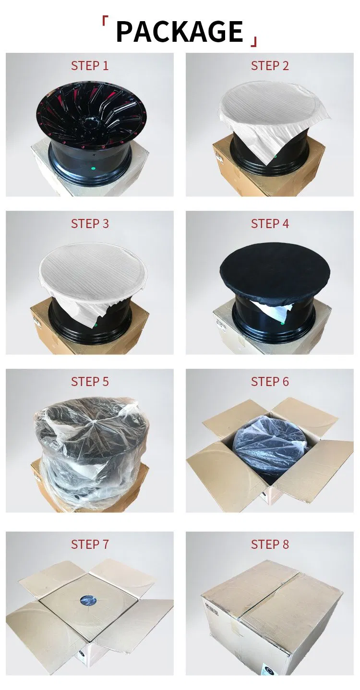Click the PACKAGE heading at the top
tap(180, 32)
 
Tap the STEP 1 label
tap(90, 66)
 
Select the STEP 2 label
tap(270, 66)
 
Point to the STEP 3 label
tap(90, 224)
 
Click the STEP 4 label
tap(270, 224)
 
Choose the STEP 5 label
tap(90, 382)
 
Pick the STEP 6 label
tap(270, 382)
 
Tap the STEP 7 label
tap(90, 544)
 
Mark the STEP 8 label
tap(270, 544)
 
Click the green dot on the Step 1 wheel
tap(93, 168)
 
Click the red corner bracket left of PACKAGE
tap(104, 22)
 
